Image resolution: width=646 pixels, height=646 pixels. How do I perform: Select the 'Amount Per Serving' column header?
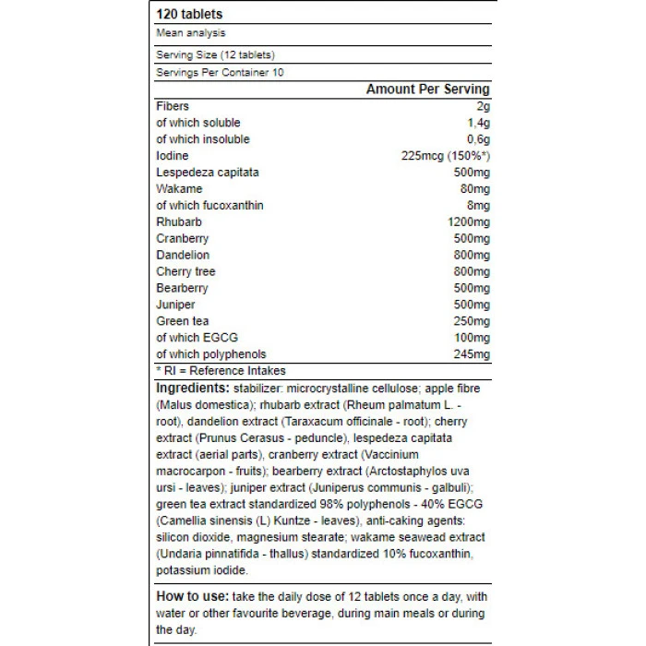coord(427,90)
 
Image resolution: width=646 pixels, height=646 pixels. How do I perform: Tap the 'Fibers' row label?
coord(173,106)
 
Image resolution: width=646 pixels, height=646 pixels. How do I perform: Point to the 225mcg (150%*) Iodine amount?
coord(440,156)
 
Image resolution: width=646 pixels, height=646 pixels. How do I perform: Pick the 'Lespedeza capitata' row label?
coord(208,173)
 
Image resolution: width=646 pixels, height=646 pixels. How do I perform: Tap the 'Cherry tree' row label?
coord(186,271)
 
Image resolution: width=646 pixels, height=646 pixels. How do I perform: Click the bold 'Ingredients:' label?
coord(193,389)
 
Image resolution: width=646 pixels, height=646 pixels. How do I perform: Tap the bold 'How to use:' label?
coord(193,596)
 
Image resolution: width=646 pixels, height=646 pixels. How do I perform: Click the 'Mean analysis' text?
coord(190,33)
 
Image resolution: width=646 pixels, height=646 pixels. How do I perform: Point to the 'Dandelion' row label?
coord(183,255)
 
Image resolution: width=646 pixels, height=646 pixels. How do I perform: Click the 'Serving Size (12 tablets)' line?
coord(215,55)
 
